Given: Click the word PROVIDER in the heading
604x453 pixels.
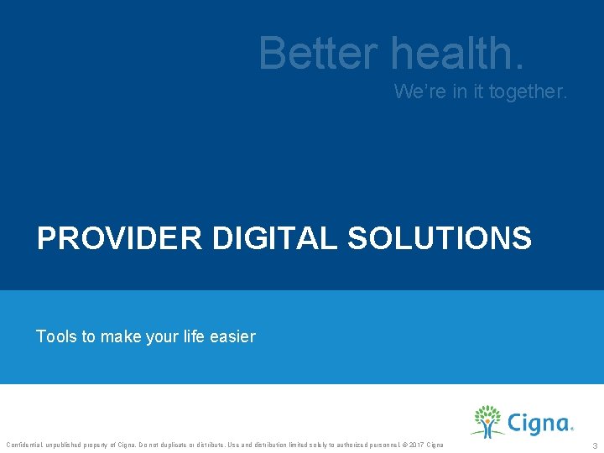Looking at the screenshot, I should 119,238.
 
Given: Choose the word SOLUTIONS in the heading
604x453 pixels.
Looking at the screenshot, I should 439,238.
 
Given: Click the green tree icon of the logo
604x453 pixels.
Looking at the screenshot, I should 487,420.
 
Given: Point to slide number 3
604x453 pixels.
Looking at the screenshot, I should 594,445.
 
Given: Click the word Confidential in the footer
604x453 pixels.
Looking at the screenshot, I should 23,444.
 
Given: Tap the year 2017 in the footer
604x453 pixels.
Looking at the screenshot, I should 417,444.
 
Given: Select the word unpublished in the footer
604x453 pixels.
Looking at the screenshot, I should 64,444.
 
